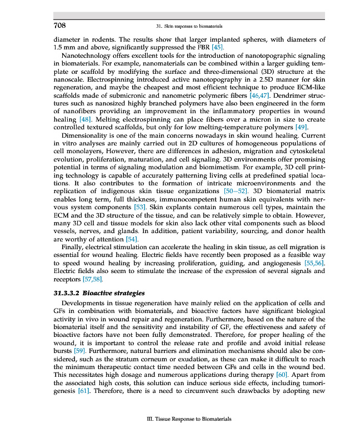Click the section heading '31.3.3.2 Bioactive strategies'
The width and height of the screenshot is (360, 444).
click(98, 292)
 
